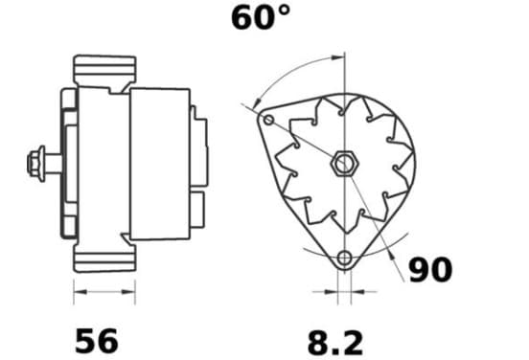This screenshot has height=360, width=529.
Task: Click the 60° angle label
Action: [261, 18]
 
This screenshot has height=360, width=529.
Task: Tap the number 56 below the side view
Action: [97, 341]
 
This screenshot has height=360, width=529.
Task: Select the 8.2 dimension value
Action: [335, 343]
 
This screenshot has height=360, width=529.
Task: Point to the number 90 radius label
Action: [430, 269]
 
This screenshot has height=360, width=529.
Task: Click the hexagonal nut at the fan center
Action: [344, 164]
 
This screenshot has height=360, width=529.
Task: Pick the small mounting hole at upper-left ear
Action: [268, 120]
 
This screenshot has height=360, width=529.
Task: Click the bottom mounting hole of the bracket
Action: [344, 259]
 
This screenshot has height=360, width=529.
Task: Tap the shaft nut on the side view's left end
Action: [36, 164]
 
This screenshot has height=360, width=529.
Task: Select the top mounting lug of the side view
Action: [104, 70]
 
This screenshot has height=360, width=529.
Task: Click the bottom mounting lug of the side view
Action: [104, 258]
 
